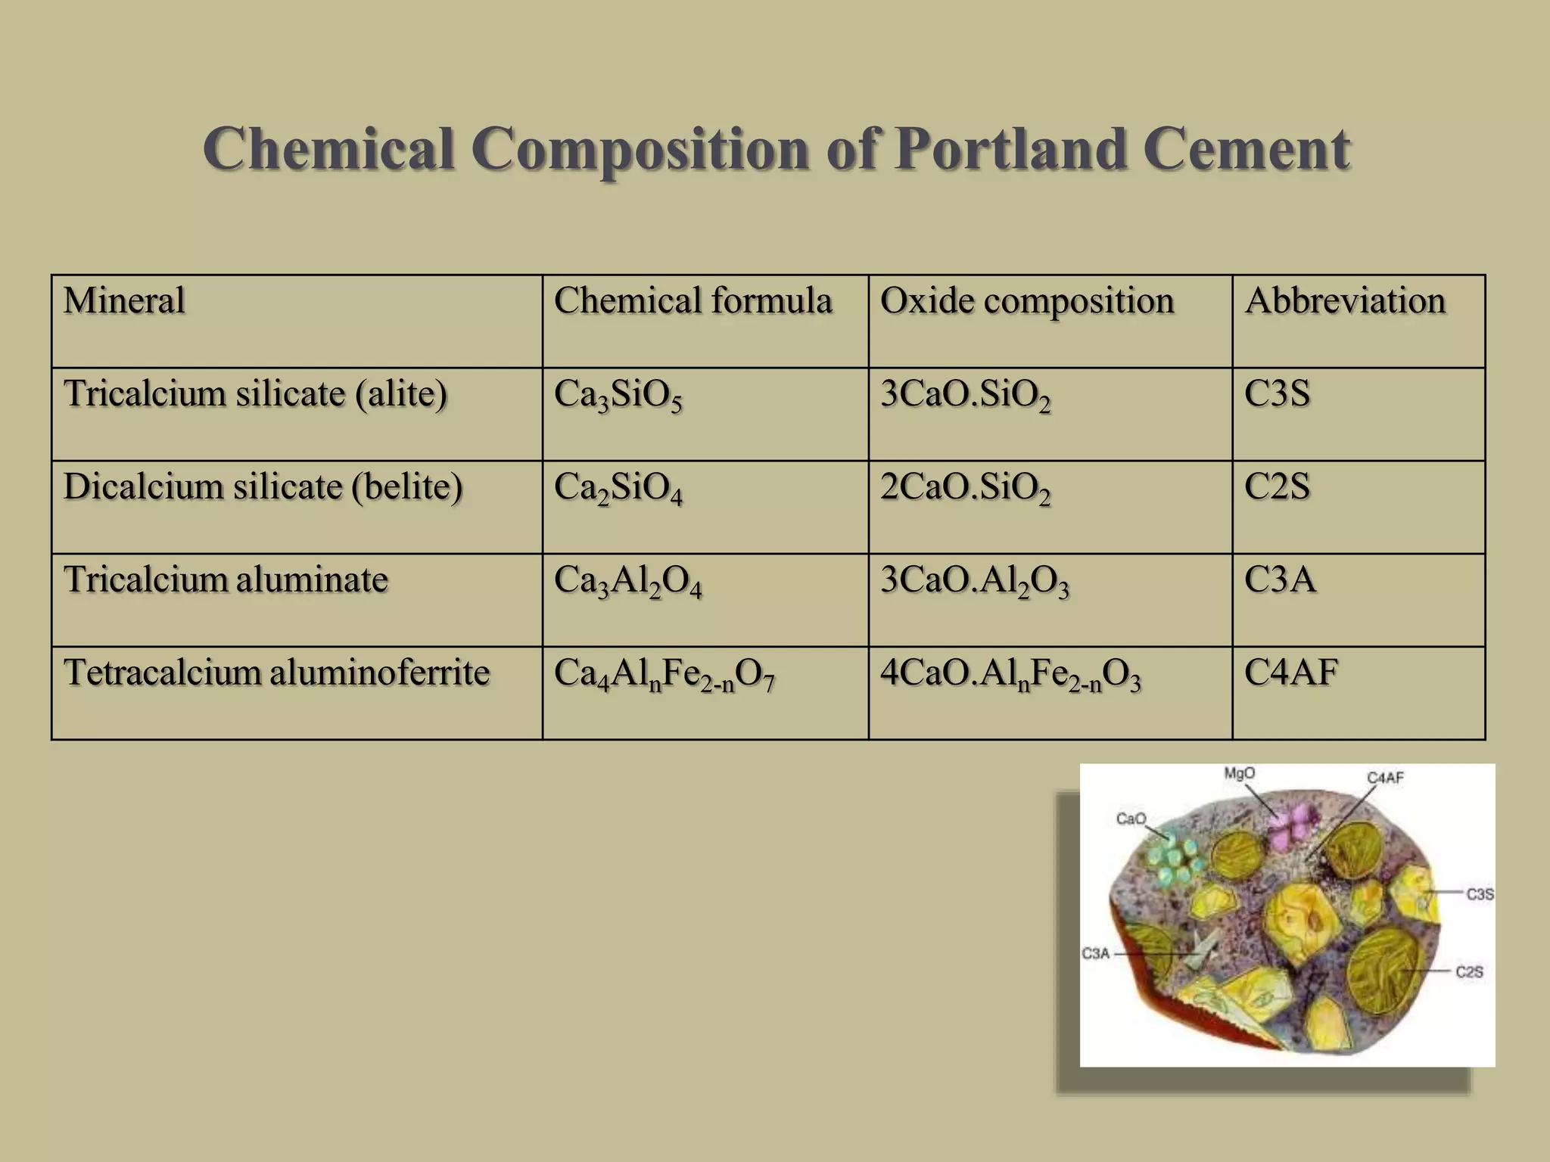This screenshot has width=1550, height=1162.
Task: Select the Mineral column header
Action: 124,300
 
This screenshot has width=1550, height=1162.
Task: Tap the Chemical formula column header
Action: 693,300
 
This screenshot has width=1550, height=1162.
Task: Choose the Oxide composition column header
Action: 1026,300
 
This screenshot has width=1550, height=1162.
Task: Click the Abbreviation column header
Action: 1345,300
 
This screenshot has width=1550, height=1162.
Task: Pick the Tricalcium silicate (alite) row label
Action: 256,393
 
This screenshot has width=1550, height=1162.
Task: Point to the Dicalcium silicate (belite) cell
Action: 263,486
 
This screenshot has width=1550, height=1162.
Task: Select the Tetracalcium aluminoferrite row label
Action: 277,672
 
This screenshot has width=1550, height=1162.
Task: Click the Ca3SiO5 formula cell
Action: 618,396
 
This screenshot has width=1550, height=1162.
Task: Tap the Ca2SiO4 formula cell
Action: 618,489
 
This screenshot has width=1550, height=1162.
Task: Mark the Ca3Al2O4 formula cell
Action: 627,582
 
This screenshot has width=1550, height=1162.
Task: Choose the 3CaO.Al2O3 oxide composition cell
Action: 974,582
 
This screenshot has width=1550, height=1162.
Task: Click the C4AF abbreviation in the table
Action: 1291,672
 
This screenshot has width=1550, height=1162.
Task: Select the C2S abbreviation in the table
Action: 1277,486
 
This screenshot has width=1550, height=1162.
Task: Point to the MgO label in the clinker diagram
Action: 1239,773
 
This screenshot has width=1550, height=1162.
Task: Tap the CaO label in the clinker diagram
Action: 1131,819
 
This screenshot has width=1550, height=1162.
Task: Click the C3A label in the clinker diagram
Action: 1095,953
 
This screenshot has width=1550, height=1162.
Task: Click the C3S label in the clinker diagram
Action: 1480,894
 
